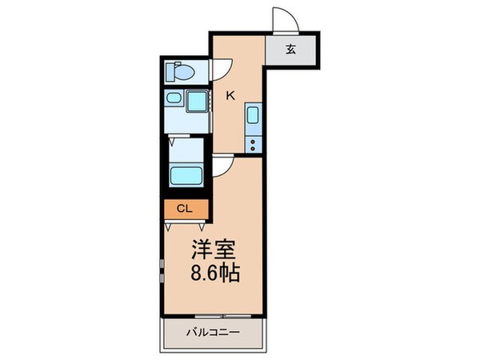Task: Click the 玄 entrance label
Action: [x=291, y=49]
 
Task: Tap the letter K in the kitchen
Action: [x=230, y=96]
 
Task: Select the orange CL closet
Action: [x=185, y=210]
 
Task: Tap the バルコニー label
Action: [x=214, y=332]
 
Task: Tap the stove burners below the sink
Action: [x=253, y=144]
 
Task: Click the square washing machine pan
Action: [x=196, y=103]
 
